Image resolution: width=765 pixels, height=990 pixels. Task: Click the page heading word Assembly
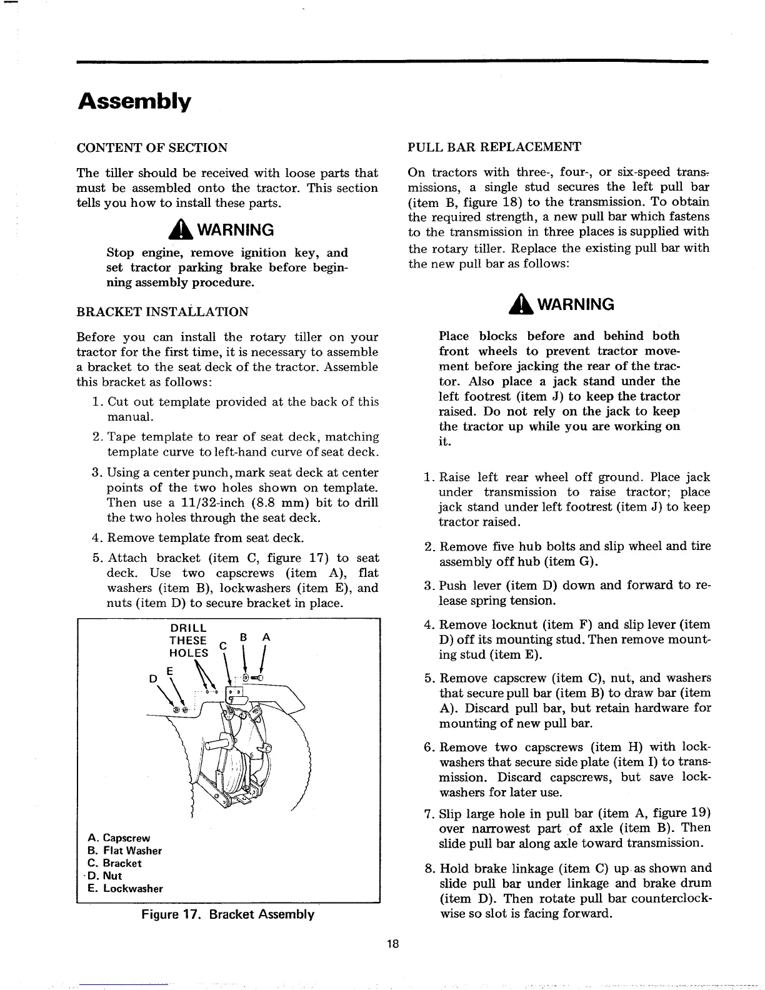click(134, 101)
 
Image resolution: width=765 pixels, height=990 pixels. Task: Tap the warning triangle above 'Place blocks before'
click(519, 304)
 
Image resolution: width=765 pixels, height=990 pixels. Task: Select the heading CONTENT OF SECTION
click(151, 148)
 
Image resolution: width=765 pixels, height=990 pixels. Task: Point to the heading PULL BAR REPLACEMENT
click(494, 147)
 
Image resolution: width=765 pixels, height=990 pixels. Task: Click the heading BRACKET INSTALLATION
click(162, 311)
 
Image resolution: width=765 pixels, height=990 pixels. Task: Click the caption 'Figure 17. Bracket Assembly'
click(227, 914)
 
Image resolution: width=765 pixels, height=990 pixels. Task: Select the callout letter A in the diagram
click(266, 637)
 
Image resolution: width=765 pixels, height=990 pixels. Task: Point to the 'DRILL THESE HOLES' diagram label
click(188, 640)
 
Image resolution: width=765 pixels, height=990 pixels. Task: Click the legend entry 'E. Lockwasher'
click(125, 888)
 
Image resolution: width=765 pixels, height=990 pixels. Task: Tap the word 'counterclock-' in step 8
click(672, 898)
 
